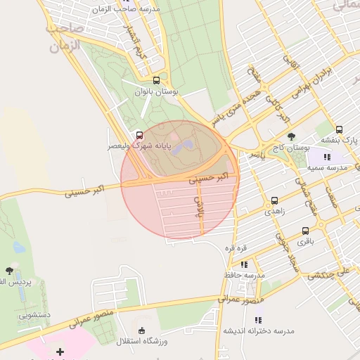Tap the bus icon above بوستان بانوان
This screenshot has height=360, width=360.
[x=156, y=80]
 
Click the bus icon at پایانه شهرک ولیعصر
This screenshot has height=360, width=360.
[x=139, y=135]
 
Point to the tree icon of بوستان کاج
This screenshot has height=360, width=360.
[x=291, y=136]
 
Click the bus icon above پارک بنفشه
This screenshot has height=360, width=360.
[x=340, y=129]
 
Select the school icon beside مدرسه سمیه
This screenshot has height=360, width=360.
[x=327, y=157]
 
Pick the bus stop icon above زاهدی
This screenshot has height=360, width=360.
[x=274, y=200]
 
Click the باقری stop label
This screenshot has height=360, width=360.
[x=305, y=242]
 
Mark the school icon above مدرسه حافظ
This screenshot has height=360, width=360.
[x=244, y=264]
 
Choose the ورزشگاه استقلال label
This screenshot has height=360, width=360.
[x=142, y=342]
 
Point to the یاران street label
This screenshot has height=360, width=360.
[x=199, y=204]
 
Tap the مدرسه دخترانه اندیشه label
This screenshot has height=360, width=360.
[x=253, y=330]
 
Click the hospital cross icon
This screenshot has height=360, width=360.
[x=60, y=352]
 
